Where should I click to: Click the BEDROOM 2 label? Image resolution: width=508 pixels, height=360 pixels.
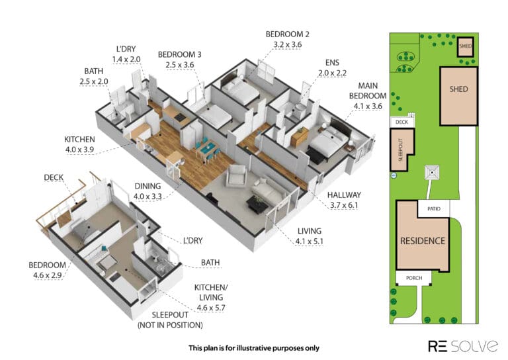point(287,34)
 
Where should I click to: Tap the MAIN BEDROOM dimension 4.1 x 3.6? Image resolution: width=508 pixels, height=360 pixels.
point(368,107)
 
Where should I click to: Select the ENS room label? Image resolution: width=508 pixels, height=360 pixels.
point(333,63)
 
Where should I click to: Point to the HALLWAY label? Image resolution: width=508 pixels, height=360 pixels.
point(344,195)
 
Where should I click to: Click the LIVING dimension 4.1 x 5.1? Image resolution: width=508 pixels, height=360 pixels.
point(309,242)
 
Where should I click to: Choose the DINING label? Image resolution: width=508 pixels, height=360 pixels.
point(148,186)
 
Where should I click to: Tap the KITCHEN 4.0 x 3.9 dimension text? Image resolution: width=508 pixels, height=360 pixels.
point(79,150)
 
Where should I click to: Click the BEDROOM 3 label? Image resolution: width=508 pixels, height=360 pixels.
point(179,54)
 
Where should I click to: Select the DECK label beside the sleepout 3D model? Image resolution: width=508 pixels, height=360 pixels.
point(54,177)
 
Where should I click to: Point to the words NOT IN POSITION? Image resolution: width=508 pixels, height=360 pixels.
point(171,325)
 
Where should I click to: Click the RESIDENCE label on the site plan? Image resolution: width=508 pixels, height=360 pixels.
point(423,241)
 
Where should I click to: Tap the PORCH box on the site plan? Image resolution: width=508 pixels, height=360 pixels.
point(413,279)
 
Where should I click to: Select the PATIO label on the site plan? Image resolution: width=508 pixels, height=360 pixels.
point(434,209)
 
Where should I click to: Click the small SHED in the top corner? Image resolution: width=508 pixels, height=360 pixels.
point(466,47)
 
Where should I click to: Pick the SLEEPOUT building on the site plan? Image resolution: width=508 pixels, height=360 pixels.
point(402,150)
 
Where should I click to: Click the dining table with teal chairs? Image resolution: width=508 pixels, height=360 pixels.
point(206,150)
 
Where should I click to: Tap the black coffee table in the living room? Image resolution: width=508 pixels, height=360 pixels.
point(257,204)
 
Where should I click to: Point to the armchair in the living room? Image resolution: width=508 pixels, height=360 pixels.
point(237,175)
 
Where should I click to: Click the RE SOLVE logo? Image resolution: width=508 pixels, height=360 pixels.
point(463,346)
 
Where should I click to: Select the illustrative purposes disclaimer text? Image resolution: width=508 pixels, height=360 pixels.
point(254,348)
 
